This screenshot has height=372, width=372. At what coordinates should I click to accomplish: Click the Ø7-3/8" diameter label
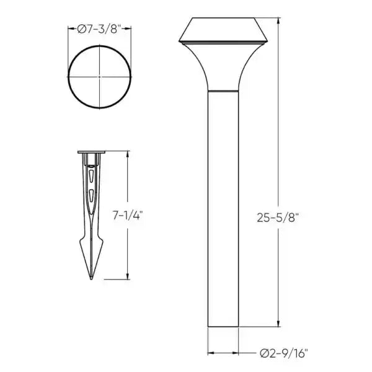point(99,29)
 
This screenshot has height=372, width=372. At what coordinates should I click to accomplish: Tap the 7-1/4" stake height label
point(128,215)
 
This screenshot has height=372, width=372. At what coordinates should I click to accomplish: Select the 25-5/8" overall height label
point(277,218)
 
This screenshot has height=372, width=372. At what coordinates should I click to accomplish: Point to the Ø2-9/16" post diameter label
point(284,353)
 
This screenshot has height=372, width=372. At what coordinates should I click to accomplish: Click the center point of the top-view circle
point(99,77)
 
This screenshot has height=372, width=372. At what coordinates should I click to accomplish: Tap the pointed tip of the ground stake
point(91,279)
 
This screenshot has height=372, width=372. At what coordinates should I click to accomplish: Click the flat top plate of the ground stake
point(91,152)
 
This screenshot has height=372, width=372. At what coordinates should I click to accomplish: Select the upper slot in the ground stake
point(91,175)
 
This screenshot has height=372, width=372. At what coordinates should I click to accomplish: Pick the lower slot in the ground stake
point(91,195)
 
